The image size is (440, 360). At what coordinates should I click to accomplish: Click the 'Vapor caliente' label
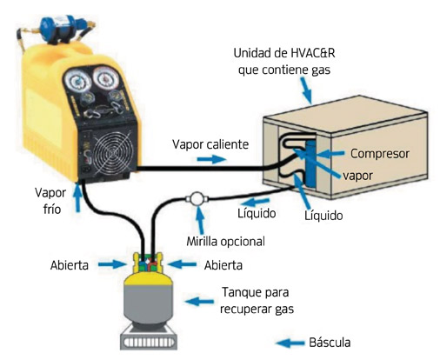[x=210, y=144]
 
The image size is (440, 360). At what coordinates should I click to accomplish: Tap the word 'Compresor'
[x=380, y=154]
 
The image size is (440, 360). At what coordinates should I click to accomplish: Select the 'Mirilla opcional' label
[x=225, y=241]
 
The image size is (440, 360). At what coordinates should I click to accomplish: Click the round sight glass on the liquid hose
[x=197, y=199]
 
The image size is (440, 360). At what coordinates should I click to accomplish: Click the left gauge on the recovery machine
[x=77, y=81]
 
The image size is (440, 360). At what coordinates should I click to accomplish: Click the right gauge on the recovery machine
[x=106, y=78]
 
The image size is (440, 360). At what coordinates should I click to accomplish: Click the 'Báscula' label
[x=330, y=343]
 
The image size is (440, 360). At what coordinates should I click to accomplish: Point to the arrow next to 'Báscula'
[x=290, y=343]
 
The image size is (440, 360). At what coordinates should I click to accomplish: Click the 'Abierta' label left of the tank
[x=70, y=265]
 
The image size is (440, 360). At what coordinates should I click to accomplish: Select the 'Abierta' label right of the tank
[x=223, y=265]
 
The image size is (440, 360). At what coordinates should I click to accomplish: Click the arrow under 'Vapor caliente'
[x=211, y=159]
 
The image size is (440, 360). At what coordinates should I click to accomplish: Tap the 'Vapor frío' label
[x=50, y=201]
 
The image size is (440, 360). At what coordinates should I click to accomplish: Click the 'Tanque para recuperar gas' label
[x=257, y=300]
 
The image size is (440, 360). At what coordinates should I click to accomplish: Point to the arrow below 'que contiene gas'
[x=306, y=90]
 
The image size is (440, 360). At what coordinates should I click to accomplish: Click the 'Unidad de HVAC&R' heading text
[x=284, y=53]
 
